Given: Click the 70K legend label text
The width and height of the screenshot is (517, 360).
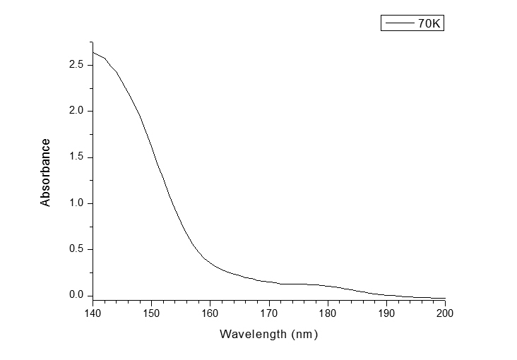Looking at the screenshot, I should point(429,23).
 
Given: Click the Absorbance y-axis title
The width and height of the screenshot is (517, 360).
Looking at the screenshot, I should point(46,172).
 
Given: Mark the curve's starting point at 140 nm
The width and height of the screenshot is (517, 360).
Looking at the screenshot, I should point(93,52).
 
